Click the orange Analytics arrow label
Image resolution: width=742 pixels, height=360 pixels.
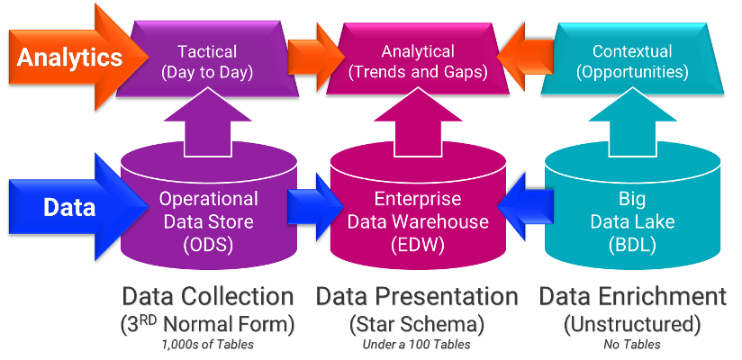(x=70, y=58)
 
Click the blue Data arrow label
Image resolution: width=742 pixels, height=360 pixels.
(x=70, y=208)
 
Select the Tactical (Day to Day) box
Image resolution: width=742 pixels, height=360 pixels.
(x=208, y=61)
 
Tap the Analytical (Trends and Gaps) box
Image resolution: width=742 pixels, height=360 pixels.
(x=417, y=61)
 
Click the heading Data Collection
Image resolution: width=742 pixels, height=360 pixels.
(x=208, y=298)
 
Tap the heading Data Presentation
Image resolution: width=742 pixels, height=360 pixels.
(x=417, y=298)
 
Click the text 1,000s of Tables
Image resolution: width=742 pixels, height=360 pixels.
(x=208, y=344)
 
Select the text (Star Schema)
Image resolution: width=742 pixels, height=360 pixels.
(x=417, y=323)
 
